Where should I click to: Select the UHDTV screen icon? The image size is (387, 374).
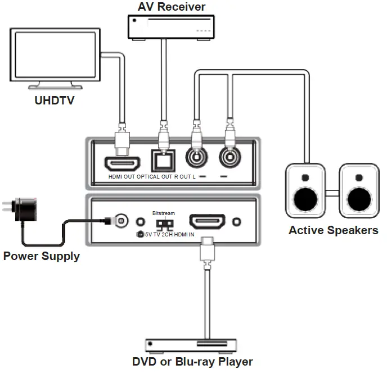pyautogui.click(x=51, y=61)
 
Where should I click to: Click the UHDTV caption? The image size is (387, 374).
pyautogui.click(x=53, y=101)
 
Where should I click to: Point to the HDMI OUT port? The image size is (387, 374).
pyautogui.click(x=121, y=165)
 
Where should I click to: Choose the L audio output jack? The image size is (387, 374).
pyautogui.click(x=230, y=159)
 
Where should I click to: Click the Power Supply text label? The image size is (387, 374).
pyautogui.click(x=41, y=257)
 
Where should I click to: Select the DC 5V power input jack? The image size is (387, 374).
pyautogui.click(x=119, y=222)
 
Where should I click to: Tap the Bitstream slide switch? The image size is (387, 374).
pyautogui.click(x=164, y=224)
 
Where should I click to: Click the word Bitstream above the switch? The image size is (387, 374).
pyautogui.click(x=164, y=213)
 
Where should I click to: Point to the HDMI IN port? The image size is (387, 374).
pyautogui.click(x=206, y=221)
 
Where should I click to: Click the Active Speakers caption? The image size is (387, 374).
pyautogui.click(x=333, y=230)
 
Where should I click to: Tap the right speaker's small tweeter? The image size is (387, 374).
pyautogui.click(x=358, y=179)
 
